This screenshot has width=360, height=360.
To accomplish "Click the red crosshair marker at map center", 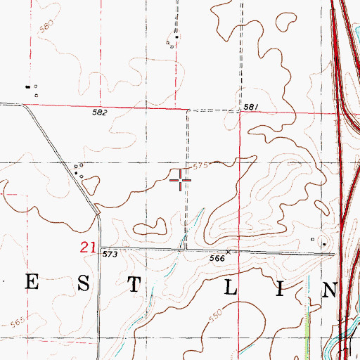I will (181, 181).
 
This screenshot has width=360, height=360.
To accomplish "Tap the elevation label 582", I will (98, 112).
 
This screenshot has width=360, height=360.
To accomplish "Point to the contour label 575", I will (200, 166).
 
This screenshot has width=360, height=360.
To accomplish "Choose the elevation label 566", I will (217, 259).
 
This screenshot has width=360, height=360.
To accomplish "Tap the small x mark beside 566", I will (228, 252).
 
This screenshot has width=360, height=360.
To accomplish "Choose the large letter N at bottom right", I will (329, 288).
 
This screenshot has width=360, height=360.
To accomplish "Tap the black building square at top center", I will (176, 37).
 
